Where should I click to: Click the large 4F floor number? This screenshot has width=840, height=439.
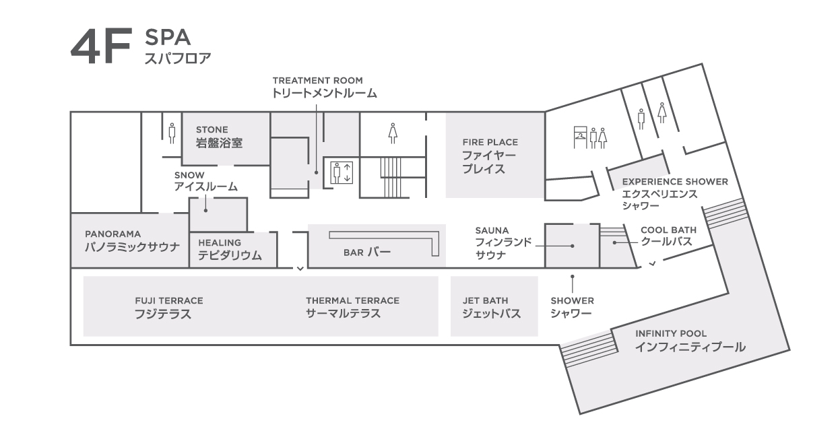tap(101, 46)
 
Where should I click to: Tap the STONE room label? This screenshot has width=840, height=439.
tap(212, 130)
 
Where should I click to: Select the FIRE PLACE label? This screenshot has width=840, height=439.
tap(490, 143)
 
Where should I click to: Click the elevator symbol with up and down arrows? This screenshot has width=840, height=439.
tap(342, 173)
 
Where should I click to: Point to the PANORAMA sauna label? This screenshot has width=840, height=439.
tap(113, 234)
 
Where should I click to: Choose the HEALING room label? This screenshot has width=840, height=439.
tap(220, 243)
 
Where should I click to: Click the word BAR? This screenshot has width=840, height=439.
tap(353, 252)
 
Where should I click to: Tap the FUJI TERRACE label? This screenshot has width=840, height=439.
tap(169, 301)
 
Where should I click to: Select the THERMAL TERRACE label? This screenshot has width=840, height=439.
tap(352, 301)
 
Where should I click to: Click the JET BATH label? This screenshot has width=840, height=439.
tap(485, 301)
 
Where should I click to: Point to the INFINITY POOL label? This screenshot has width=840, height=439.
tap(671, 334)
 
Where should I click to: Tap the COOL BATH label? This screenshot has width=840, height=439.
tap(669, 230)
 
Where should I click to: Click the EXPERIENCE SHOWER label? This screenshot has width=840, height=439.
tap(675, 182)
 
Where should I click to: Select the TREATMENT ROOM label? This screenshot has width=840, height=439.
tap(318, 81)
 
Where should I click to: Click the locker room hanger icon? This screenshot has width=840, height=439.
tap(580, 137)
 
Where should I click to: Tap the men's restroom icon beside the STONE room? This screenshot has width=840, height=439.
tap(172, 133)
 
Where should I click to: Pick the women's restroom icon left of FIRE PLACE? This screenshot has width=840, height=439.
tap(393, 133)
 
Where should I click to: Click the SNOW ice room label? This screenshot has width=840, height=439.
tap(189, 175)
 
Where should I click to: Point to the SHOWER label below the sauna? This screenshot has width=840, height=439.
tap(573, 301)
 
